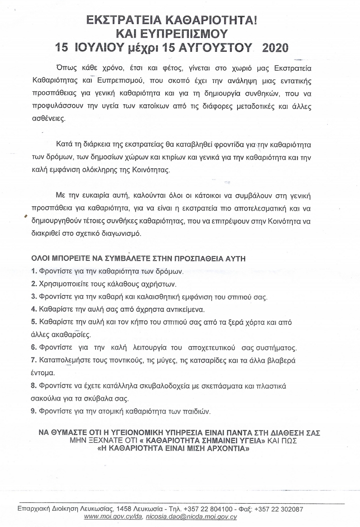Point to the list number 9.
(x=34, y=411)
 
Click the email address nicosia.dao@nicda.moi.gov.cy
(x=191, y=517)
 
